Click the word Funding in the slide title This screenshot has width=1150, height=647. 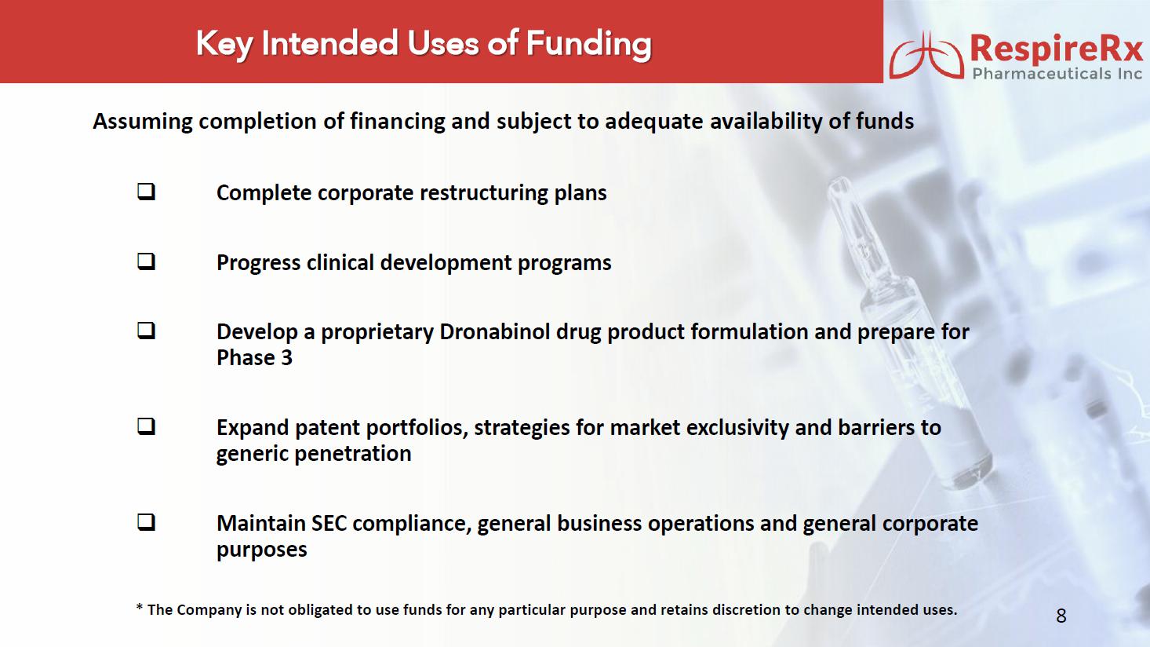click(x=588, y=44)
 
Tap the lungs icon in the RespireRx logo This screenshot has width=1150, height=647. click(x=926, y=56)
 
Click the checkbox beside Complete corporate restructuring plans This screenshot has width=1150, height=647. click(x=147, y=192)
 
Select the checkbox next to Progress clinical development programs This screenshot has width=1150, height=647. click(x=147, y=261)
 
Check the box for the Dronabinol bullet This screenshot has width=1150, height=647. click(x=147, y=331)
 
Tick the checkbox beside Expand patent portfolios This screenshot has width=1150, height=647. click(x=147, y=426)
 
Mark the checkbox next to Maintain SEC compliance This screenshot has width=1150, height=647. click(x=147, y=523)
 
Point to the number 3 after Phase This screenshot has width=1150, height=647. click(x=286, y=358)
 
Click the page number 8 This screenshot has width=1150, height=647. click(x=1061, y=616)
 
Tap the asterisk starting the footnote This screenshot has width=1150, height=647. click(x=139, y=608)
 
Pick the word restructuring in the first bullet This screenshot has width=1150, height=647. click(x=484, y=193)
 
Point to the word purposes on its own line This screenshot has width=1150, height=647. click(x=262, y=550)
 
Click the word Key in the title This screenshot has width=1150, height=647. click(x=224, y=44)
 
